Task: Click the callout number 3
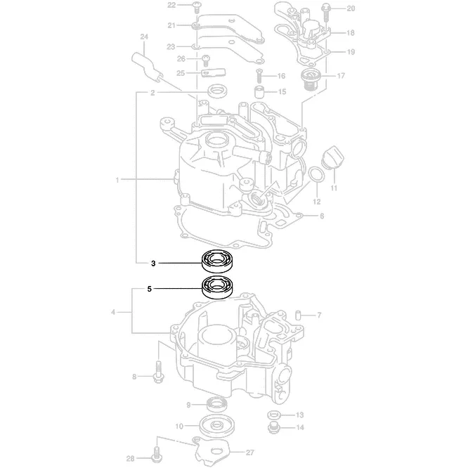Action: coord(152,264)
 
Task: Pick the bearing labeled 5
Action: coord(218,287)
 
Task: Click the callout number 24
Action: coord(144,37)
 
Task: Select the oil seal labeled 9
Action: coord(217,403)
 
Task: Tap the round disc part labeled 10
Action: coord(216,426)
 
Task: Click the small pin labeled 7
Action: coord(297,313)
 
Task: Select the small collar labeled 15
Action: coord(259,92)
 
